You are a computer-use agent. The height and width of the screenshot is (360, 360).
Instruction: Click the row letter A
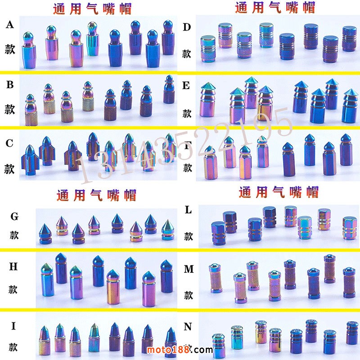10,25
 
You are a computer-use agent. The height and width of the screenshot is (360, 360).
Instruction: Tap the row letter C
10,144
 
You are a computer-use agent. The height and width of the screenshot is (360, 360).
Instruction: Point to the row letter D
187,27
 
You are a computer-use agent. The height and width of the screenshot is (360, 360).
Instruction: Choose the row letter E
187,86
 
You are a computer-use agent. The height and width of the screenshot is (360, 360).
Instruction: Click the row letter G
14,217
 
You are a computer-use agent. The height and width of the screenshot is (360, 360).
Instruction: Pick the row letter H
13,267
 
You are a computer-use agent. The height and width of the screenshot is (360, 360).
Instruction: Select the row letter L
189,210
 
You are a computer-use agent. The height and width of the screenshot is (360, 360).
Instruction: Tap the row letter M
189,269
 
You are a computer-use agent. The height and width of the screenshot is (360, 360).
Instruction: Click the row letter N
188,327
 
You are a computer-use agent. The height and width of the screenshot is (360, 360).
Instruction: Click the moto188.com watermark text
179,350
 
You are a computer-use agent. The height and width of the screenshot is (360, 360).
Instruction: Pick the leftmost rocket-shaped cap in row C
30,157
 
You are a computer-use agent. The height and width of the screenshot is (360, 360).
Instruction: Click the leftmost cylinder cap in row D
208,49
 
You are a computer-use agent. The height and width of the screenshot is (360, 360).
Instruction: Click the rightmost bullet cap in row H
167,276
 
